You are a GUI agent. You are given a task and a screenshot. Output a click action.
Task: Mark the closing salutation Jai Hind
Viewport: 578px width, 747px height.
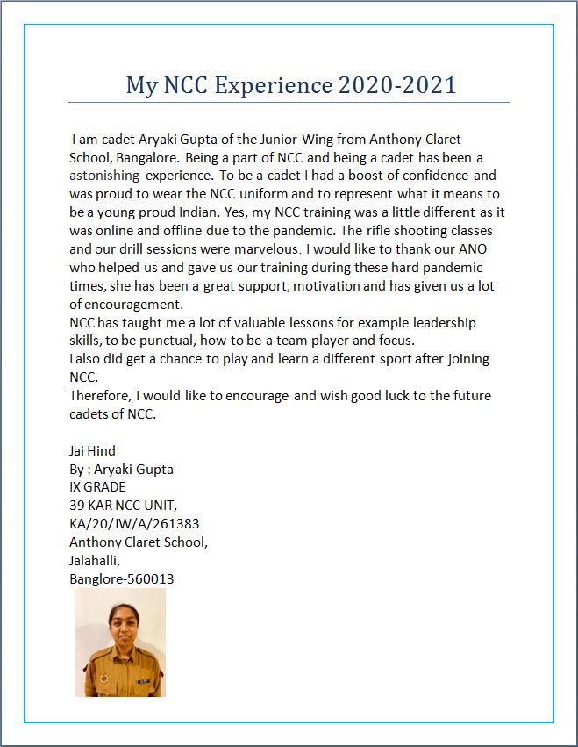tap(92, 451)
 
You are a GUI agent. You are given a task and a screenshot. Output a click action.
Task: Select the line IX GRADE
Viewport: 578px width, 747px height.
tap(97, 487)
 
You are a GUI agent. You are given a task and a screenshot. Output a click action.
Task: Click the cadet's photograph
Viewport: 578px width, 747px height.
tap(120, 643)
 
